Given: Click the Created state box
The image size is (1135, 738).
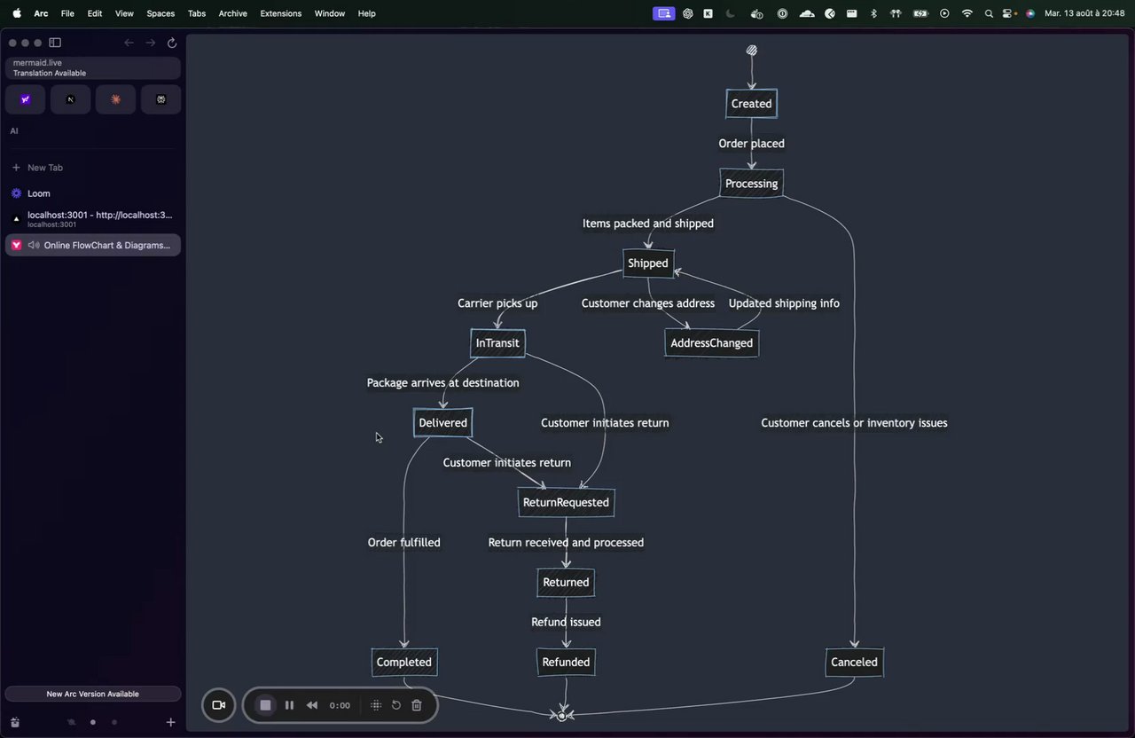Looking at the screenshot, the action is [751, 104].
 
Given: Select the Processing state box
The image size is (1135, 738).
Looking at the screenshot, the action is [751, 184].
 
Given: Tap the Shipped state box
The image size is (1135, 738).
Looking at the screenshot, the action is [648, 263].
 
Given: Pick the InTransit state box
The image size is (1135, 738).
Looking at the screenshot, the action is [497, 343].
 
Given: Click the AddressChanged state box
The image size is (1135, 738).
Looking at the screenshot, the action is [711, 343].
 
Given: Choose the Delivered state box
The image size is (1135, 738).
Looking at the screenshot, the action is [442, 423].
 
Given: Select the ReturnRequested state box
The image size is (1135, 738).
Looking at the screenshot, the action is [566, 502].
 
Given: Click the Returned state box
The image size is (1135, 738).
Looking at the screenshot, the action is [566, 582].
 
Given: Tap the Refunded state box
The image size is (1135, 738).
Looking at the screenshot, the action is [566, 662].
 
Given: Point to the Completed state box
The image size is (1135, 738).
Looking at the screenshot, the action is [403, 662].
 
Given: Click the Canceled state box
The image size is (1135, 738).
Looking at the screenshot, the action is [854, 662].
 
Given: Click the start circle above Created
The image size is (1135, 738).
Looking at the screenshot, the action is [751, 51].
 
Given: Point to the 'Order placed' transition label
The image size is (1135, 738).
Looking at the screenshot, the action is [751, 144].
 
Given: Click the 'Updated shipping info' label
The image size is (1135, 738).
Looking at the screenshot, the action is [784, 303].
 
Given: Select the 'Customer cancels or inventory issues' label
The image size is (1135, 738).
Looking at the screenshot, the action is [854, 423].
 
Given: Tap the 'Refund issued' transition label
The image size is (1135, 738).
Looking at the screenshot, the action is [566, 622].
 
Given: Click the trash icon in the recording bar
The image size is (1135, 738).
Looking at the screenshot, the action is [417, 705].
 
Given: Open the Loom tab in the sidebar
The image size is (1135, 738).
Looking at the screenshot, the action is [38, 193].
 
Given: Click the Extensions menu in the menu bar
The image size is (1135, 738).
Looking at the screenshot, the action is [281, 13].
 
